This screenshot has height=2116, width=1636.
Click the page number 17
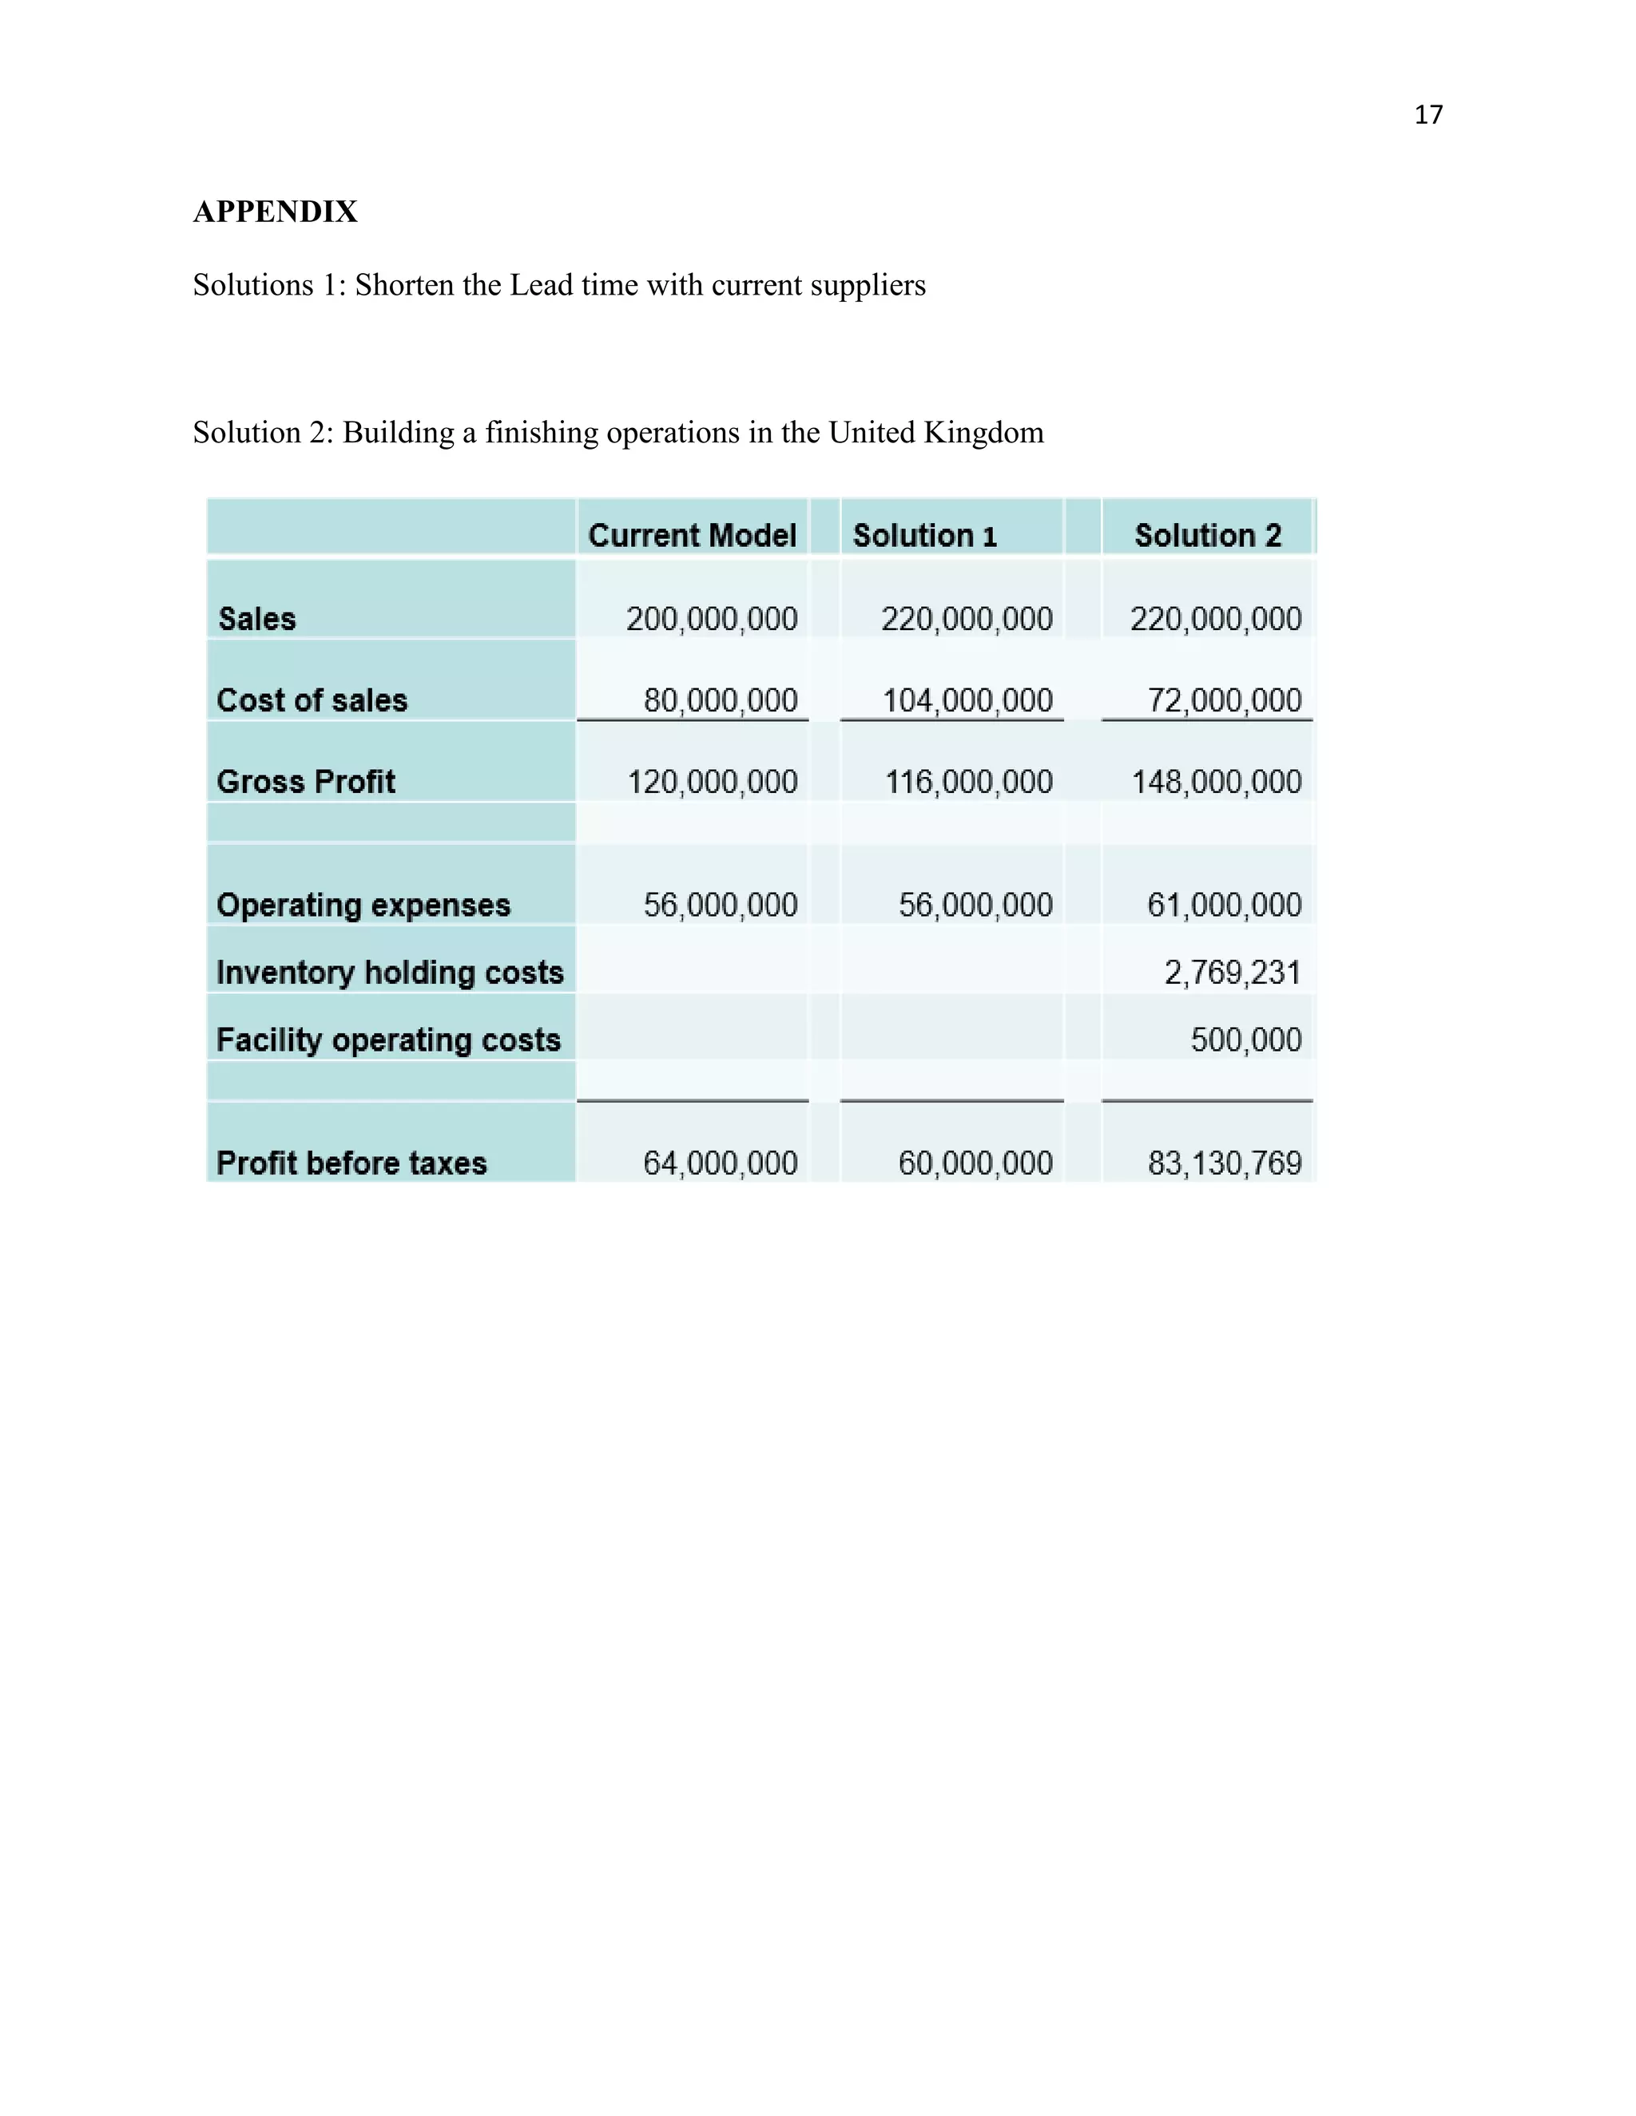(1428, 115)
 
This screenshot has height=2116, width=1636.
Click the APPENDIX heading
(276, 212)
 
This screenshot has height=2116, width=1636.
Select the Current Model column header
(691, 535)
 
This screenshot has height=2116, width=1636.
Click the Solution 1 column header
(923, 535)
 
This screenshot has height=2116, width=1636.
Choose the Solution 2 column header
(1207, 535)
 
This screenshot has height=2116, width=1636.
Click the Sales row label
(257, 618)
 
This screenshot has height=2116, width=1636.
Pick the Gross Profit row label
(305, 781)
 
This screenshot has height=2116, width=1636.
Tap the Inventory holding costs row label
(390, 972)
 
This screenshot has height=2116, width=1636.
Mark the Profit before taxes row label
(351, 1163)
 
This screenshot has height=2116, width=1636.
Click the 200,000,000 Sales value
(712, 618)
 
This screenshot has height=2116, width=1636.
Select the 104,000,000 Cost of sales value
(967, 699)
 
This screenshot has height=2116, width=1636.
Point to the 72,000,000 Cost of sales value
(1223, 699)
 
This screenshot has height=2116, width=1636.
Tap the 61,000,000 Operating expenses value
(1223, 904)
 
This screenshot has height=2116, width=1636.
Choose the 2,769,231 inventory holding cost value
(1232, 972)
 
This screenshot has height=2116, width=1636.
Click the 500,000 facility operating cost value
(1245, 1040)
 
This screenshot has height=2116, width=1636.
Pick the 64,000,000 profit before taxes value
(719, 1163)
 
